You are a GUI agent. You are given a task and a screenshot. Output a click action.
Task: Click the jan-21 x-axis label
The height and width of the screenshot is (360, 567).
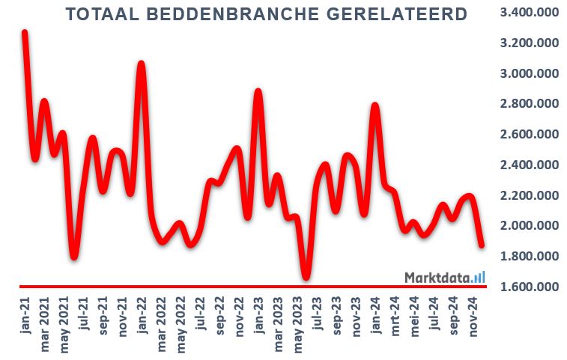click(26, 314)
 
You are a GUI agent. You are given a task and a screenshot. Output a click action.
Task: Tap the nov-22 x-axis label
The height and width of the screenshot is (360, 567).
click(239, 315)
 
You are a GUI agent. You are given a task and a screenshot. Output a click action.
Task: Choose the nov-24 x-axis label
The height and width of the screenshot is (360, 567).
click(473, 315)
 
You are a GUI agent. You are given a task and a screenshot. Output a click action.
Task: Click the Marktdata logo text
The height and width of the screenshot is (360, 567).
click(437, 278)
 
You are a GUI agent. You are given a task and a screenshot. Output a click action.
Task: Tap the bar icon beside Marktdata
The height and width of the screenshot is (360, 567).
click(479, 277)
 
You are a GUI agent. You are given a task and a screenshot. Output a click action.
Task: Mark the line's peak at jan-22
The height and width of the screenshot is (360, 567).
click(140, 65)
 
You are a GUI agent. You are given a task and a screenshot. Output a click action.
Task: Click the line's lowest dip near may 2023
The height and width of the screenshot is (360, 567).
click(306, 277)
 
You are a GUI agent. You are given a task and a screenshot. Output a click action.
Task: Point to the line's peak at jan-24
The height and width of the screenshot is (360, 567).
click(375, 107)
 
